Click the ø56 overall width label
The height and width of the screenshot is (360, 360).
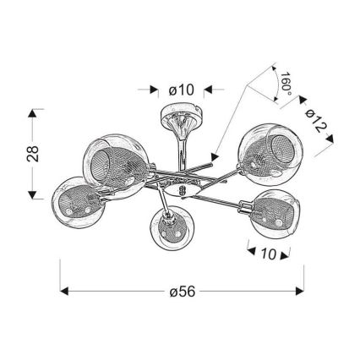point(183,292)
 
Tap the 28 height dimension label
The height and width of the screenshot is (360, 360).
point(33,154)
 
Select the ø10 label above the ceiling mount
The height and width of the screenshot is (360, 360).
point(182,90)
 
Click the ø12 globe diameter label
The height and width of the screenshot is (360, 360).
point(315,121)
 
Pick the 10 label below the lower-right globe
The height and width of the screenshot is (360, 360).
point(268,254)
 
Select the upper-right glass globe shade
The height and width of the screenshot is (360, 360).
point(270,154)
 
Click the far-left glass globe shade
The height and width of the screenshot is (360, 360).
point(78,202)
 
